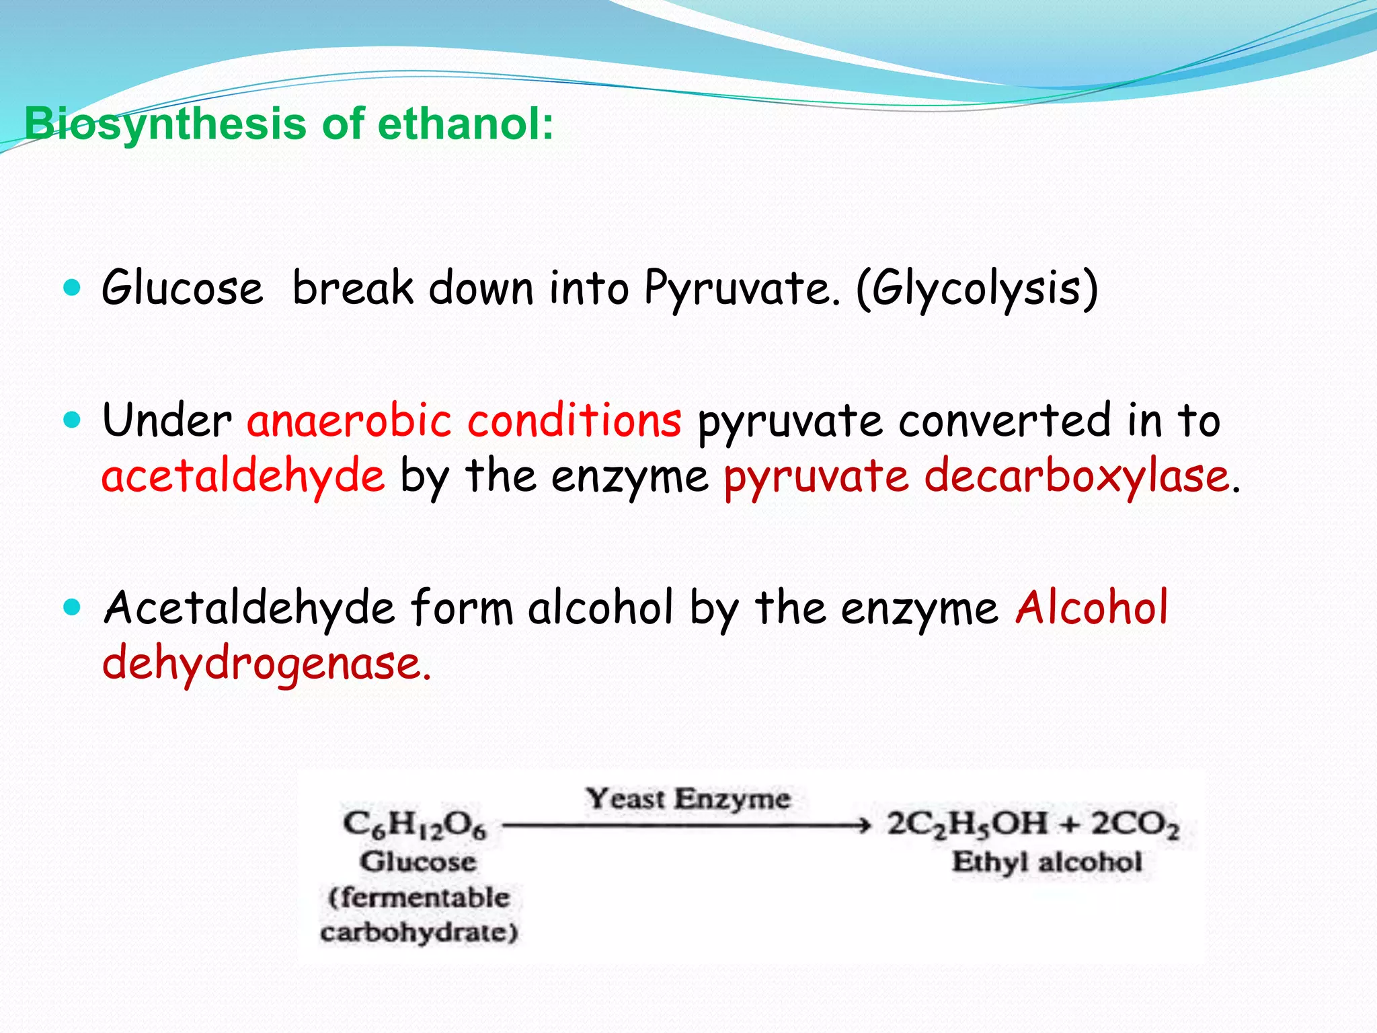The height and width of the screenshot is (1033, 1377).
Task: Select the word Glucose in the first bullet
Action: coord(182,288)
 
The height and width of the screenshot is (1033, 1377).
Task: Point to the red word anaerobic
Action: coord(349,420)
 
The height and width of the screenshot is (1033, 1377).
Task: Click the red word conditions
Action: coord(575,420)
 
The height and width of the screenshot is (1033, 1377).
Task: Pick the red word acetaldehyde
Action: coord(243,476)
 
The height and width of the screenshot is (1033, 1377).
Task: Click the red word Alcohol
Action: coord(1092,607)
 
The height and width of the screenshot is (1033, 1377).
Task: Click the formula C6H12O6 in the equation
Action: coord(414,825)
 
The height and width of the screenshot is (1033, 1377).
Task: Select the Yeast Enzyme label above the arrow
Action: coord(688,799)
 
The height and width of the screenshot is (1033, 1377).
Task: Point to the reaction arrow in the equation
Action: coord(686,825)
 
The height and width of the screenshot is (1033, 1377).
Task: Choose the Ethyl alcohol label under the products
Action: coord(1047,862)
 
